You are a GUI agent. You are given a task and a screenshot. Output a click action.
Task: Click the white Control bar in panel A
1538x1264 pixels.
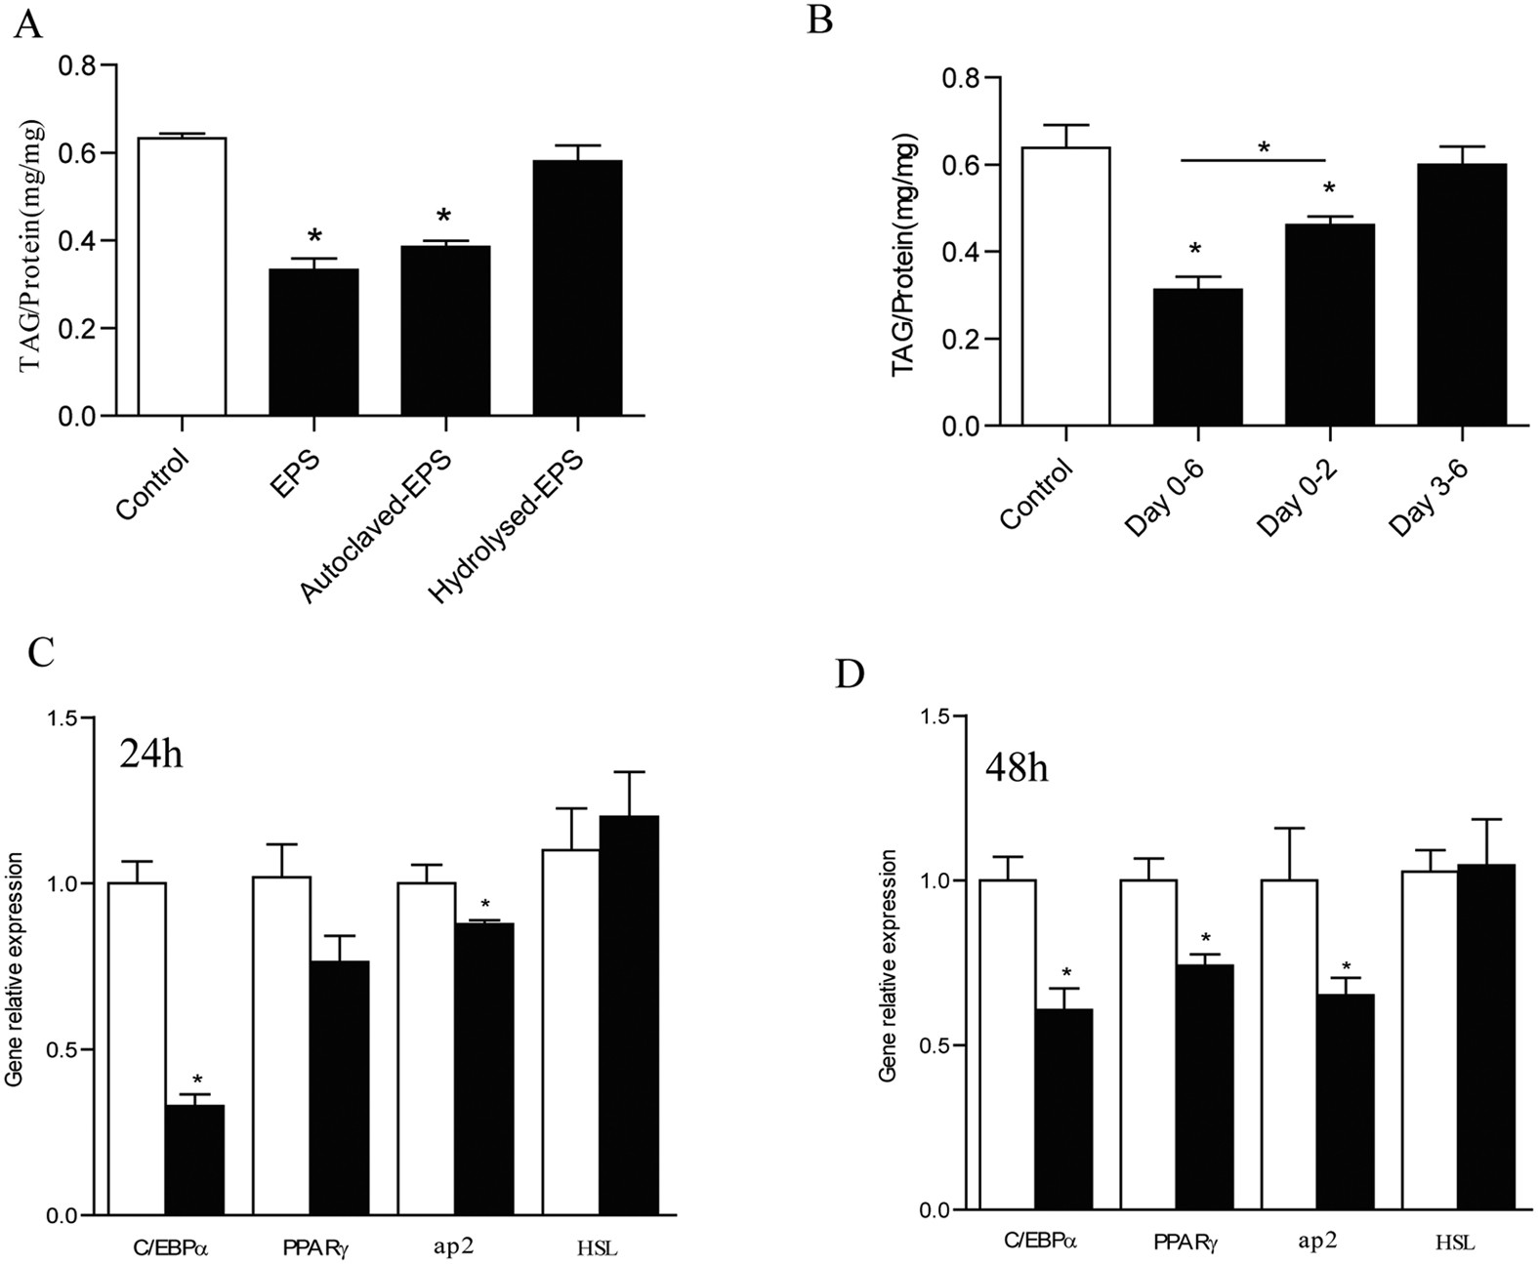click(183, 278)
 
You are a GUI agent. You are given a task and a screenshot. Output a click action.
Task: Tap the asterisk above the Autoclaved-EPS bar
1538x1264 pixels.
click(444, 217)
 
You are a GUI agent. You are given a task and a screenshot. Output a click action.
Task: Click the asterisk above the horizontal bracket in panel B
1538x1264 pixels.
click(1264, 148)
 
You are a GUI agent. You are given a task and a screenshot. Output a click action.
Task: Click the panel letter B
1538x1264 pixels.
click(819, 20)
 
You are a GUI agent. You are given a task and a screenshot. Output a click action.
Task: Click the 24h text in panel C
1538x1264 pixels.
click(151, 754)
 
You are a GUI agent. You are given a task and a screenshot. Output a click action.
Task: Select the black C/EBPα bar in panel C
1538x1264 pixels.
click(194, 1161)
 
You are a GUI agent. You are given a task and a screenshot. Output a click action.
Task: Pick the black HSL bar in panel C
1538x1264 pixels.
click(629, 1016)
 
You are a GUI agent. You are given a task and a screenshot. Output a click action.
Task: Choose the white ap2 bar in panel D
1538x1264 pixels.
click(1289, 1045)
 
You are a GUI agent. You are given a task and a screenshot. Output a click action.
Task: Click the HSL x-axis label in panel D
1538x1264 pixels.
click(1455, 1243)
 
